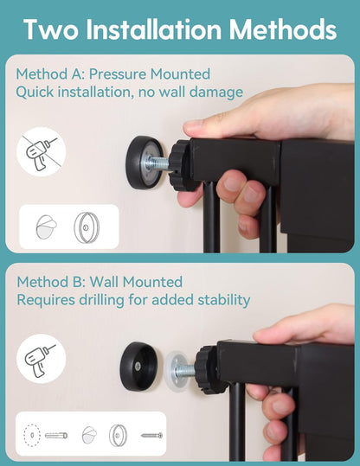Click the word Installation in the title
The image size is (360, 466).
(x=154, y=29)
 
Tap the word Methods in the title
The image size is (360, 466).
(x=283, y=29)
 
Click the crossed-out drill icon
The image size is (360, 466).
(x=41, y=152)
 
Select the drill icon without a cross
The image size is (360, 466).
(x=41, y=359)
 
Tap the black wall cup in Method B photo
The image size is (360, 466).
(x=139, y=367)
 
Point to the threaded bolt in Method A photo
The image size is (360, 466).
(x=157, y=163)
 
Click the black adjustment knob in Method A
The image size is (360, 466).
(x=181, y=165)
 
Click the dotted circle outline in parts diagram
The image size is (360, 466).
(x=32, y=436)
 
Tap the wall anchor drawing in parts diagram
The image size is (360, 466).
(x=56, y=436)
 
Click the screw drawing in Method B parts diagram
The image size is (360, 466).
(x=151, y=436)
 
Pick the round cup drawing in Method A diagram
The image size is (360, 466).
(x=87, y=227)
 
